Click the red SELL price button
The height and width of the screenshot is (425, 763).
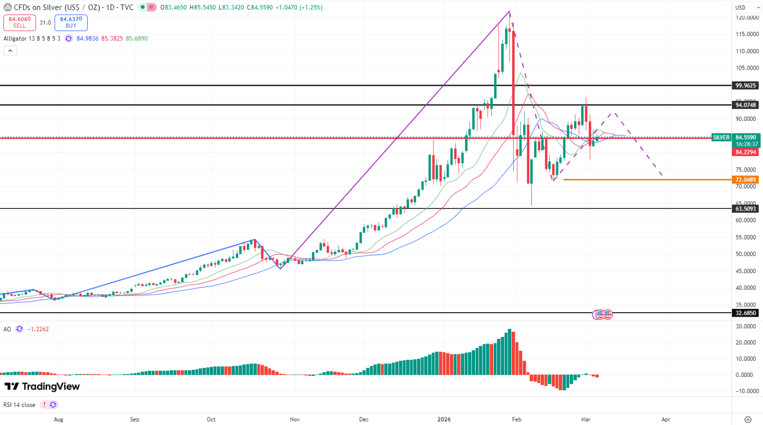point(20,23)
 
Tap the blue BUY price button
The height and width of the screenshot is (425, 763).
point(71,23)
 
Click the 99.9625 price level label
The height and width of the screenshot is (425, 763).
point(745,86)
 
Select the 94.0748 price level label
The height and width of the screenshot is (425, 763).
point(745,105)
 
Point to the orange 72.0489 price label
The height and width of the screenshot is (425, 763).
point(745,179)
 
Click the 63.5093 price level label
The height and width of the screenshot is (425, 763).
point(745,208)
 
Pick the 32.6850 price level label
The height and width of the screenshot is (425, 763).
point(745,313)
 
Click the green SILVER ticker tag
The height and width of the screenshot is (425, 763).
point(721,137)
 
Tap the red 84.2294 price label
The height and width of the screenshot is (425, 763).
point(745,152)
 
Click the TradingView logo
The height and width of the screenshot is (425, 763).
point(42,386)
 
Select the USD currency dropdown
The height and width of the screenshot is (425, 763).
point(745,8)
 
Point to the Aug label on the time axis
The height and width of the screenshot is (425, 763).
point(59,419)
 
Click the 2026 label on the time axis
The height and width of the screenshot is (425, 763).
point(444,419)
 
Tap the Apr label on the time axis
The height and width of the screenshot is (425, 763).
point(666,419)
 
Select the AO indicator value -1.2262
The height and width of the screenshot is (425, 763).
point(38,329)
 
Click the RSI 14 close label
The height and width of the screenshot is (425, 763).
point(20,405)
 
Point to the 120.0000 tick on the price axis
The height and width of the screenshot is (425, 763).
point(747,18)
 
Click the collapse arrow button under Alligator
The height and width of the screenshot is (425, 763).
point(10,51)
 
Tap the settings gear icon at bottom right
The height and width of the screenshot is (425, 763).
point(748,419)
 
